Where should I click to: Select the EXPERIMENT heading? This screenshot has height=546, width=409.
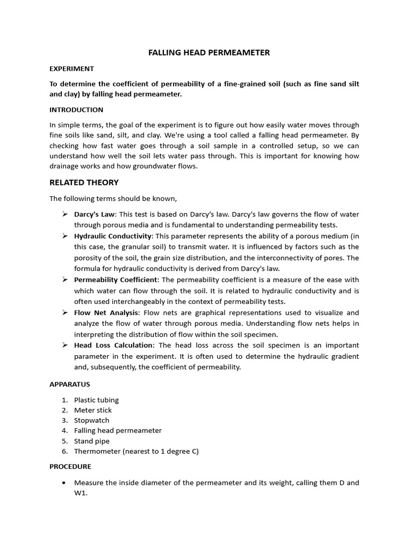[x=71, y=69]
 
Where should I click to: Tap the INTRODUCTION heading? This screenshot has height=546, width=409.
[x=76, y=110]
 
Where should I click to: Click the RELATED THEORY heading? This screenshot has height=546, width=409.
[x=84, y=182]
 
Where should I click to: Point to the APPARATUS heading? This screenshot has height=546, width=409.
[x=70, y=384]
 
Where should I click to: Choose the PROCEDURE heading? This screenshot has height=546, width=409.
[x=70, y=467]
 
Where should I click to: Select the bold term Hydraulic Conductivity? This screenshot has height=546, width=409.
[x=113, y=236]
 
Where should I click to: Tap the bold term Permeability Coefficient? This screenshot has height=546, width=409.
[x=116, y=279]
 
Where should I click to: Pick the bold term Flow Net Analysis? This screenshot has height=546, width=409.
[x=106, y=312]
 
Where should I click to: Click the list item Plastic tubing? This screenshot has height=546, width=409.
[x=96, y=400]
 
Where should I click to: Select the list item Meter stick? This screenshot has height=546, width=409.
[x=93, y=410]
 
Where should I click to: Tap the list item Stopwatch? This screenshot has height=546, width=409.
[x=91, y=420]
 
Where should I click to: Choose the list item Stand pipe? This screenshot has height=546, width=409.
[x=91, y=441]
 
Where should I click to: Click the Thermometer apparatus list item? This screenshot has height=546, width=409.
[x=136, y=451]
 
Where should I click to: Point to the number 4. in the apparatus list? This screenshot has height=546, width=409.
[x=64, y=430]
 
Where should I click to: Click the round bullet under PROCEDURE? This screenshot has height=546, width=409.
[x=64, y=483]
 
